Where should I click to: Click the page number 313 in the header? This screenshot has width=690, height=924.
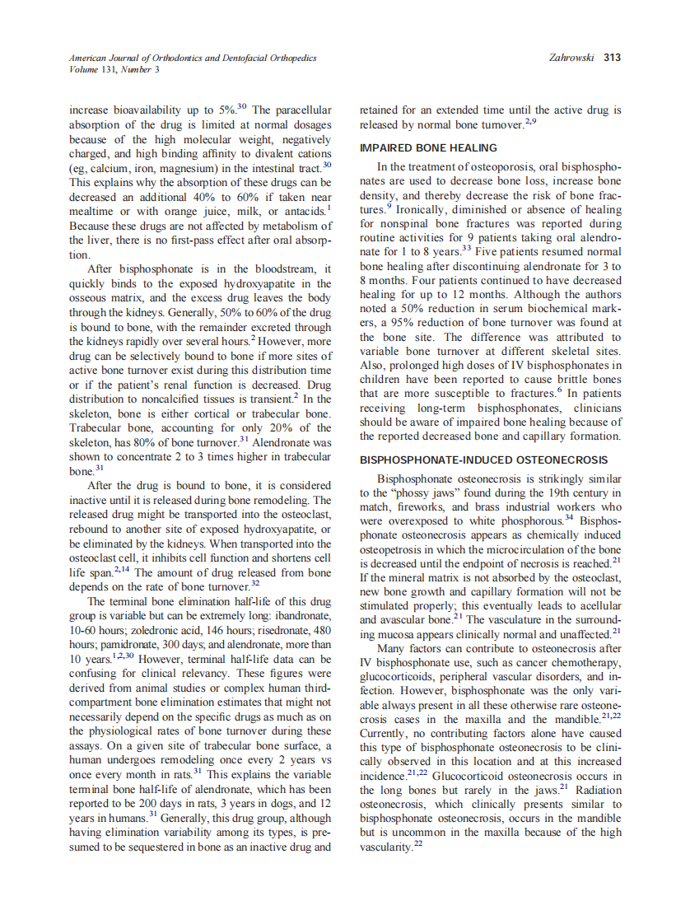612,58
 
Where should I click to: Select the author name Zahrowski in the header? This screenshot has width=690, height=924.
571,58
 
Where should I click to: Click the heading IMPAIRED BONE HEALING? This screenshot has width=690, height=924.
428,148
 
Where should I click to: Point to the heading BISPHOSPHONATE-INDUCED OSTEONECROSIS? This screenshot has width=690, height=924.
484,460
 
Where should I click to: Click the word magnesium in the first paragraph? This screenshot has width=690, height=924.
183,167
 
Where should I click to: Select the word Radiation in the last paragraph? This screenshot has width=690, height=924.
595,790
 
